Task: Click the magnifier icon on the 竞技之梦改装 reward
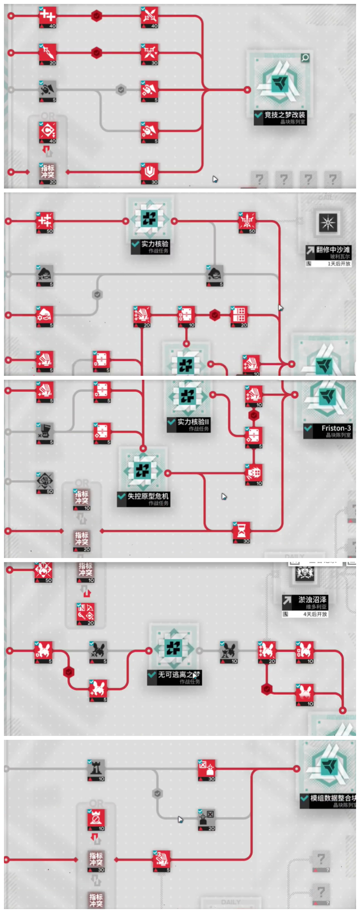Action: [x=305, y=58]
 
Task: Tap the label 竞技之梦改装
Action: [x=284, y=115]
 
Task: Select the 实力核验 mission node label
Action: [x=155, y=244]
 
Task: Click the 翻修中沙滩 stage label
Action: [x=332, y=250]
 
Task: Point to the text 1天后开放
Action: [x=338, y=264]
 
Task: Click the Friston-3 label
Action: [x=336, y=428]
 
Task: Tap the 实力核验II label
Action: [x=193, y=422]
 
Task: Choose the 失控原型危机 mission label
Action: [x=148, y=496]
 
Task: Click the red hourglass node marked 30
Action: [x=242, y=531]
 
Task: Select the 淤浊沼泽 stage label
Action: [x=312, y=600]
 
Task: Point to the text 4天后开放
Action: [x=315, y=614]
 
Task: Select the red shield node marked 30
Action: [x=150, y=172]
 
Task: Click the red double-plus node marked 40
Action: [x=48, y=16]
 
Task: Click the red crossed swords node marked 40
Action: [x=150, y=17]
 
